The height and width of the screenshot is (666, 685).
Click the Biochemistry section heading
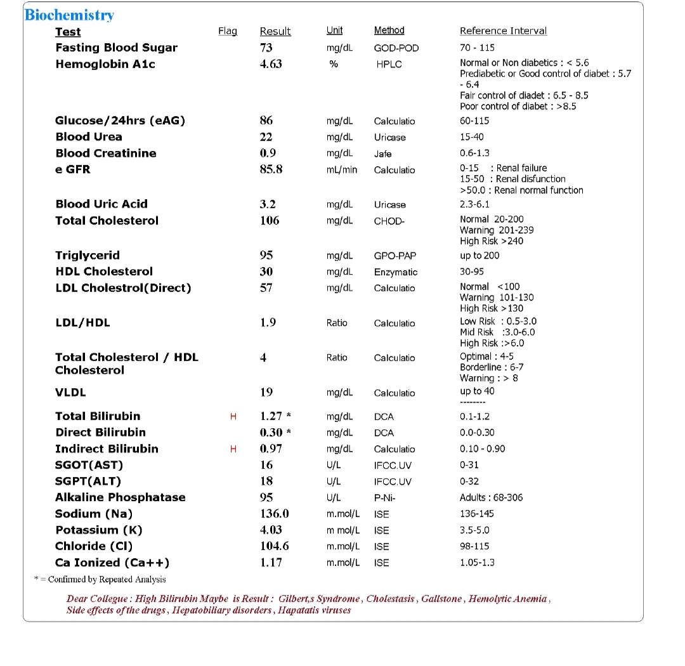pos(69,15)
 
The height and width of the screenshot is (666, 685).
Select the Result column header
pos(275,31)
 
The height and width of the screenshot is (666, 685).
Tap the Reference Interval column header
pos(503,30)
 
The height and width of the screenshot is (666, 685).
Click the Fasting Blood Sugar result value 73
pos(266,48)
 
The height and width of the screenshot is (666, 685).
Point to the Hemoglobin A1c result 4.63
pos(271,64)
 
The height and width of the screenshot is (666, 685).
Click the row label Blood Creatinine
pos(106,153)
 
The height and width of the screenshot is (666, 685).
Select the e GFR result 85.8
pos(271,169)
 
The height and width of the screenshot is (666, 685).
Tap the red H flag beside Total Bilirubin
pos(233,417)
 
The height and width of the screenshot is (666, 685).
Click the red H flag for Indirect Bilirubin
pos(233,449)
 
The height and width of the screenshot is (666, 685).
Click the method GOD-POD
pos(396,48)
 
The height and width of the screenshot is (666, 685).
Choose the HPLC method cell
pos(389,65)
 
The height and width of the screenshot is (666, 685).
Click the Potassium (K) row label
pos(99,530)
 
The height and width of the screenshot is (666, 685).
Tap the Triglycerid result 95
pos(266,256)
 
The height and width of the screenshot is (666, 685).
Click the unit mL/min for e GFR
pos(342,170)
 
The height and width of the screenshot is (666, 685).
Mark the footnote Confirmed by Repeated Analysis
pos(107,579)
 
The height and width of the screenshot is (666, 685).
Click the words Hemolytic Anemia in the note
pos(509,599)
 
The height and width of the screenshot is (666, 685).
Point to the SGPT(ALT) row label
pos(88,481)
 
